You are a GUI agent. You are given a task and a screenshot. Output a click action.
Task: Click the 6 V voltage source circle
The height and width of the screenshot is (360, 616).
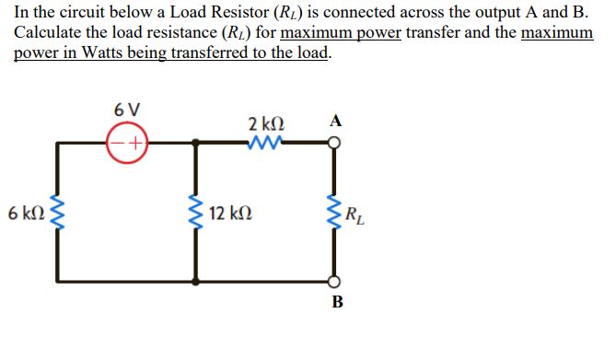127,144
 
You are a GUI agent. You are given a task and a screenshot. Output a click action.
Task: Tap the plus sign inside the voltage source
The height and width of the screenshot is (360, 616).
135,144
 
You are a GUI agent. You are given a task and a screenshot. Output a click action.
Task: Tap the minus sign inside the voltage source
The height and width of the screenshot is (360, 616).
118,144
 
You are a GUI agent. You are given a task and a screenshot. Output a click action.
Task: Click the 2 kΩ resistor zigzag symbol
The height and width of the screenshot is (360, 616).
265,143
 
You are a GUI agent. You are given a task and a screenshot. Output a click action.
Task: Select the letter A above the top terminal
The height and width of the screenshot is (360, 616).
335,121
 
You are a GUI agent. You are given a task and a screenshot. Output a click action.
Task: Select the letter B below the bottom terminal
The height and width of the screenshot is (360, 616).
336,302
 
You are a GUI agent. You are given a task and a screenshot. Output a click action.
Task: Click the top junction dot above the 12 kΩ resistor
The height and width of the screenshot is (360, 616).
195,144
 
